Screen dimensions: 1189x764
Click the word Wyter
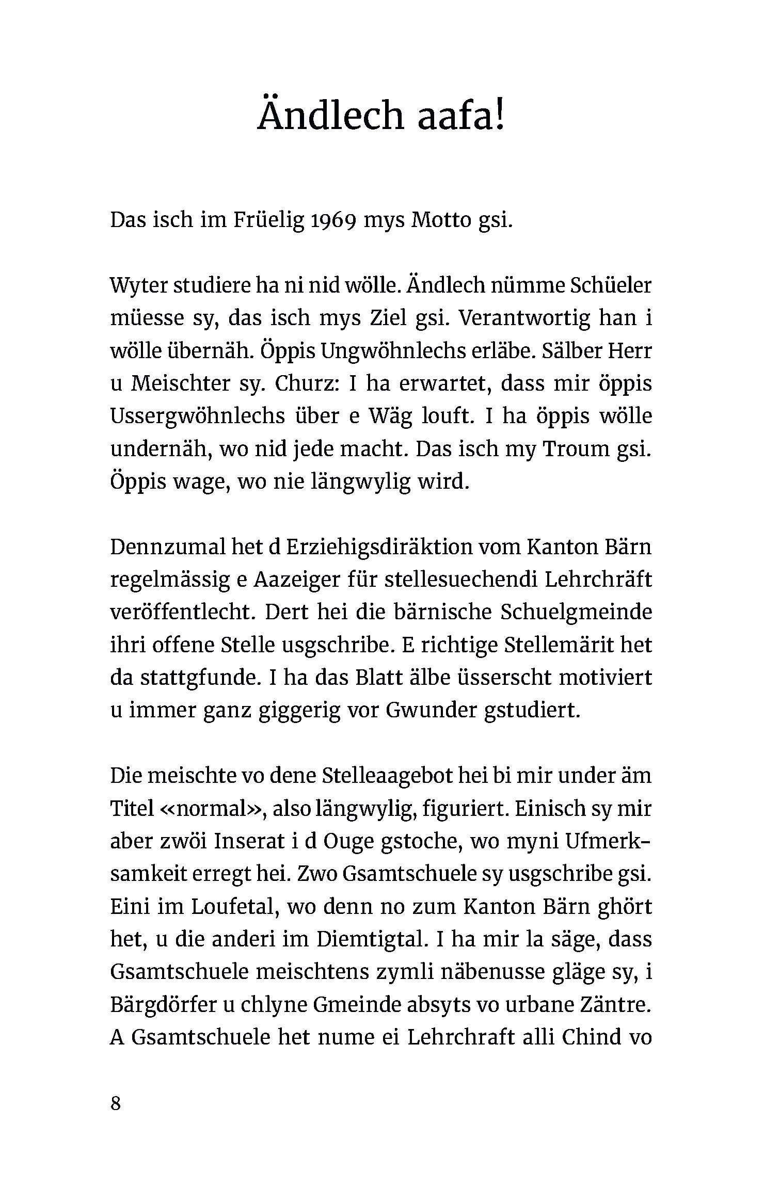pos(138,286)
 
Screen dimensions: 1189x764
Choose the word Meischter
pos(180,384)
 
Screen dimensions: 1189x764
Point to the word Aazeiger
pos(296,580)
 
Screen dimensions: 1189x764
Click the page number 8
pos(116,1104)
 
